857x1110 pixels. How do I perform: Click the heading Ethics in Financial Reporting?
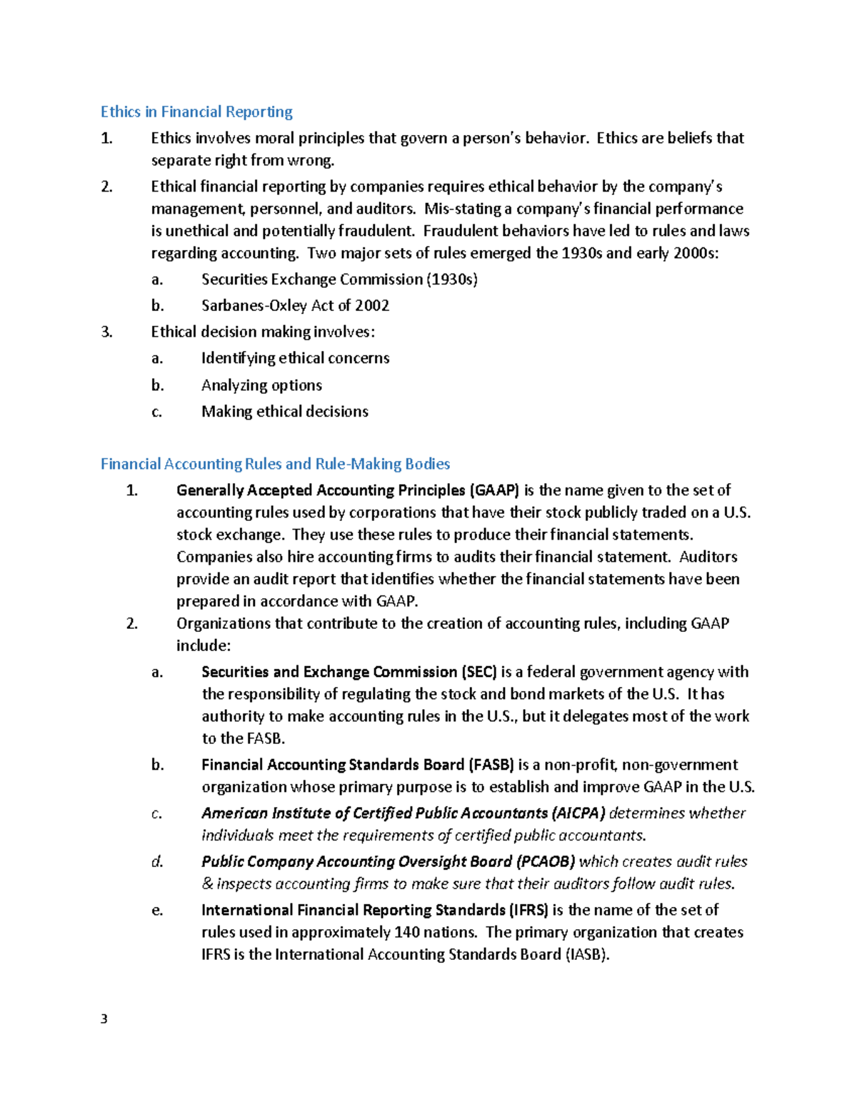point(196,112)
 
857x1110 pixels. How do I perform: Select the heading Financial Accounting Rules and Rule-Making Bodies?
point(275,465)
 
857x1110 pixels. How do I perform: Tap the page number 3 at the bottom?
point(104,1019)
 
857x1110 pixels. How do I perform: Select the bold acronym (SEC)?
point(478,672)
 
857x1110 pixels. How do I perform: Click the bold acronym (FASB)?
point(491,765)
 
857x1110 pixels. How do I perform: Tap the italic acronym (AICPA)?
point(578,813)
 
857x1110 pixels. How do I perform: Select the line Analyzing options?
point(261,385)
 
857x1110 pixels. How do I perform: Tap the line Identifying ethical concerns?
point(295,358)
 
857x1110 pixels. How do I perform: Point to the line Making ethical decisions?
point(284,412)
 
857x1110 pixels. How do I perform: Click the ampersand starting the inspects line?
point(207,884)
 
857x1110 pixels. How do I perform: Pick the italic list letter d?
point(157,862)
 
